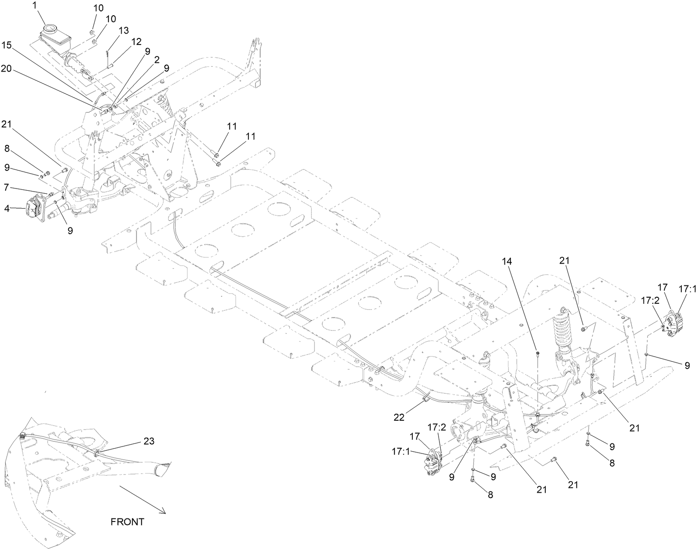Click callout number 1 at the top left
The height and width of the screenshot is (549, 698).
[x=35, y=6]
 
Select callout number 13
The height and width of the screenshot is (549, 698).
[x=123, y=30]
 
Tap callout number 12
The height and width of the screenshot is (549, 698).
[x=136, y=41]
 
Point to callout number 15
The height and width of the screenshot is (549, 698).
[x=7, y=45]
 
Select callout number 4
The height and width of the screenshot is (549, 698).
[x=7, y=209]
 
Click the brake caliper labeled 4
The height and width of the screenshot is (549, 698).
[x=34, y=211]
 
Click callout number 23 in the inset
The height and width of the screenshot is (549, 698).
[x=150, y=441]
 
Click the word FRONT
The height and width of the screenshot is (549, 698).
[x=127, y=522]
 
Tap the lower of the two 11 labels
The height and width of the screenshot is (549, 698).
[x=249, y=137]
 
